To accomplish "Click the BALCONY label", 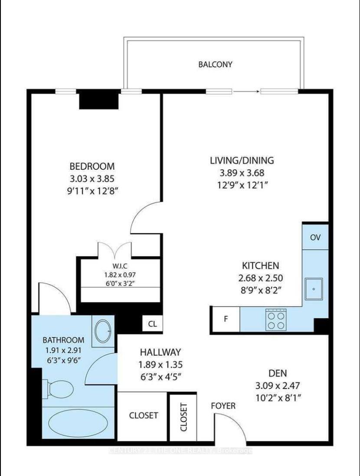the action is [215, 64].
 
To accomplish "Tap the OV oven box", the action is [315, 237].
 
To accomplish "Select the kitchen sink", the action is [314, 289].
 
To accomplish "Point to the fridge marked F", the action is [226, 319].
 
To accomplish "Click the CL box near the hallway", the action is [153, 324].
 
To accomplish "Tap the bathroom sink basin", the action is [103, 331].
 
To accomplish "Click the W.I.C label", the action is [120, 266].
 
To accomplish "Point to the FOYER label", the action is [223, 406].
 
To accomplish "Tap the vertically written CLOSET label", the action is [183, 417].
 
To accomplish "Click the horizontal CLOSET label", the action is [144, 415].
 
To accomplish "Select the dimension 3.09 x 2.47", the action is [278, 385].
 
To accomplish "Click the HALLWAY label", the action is [160, 352].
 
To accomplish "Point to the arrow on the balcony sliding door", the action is [246, 91].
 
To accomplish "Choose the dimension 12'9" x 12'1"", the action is [242, 185].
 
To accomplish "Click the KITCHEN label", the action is [260, 266].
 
